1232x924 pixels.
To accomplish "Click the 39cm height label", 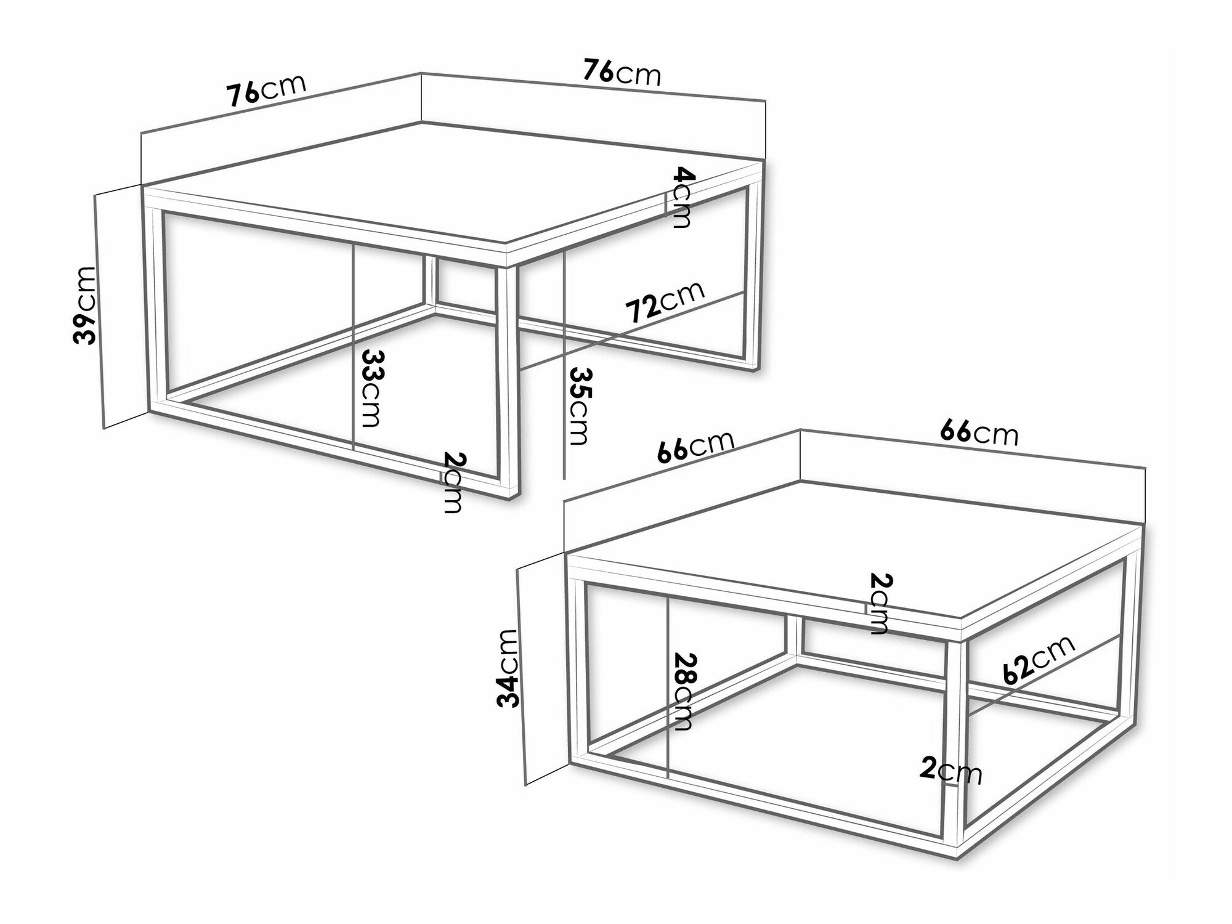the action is click(x=84, y=306).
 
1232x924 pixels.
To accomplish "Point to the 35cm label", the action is click(x=580, y=407).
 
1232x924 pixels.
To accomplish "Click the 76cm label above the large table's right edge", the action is click(x=622, y=73).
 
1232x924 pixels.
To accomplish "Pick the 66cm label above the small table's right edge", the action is click(x=979, y=432).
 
